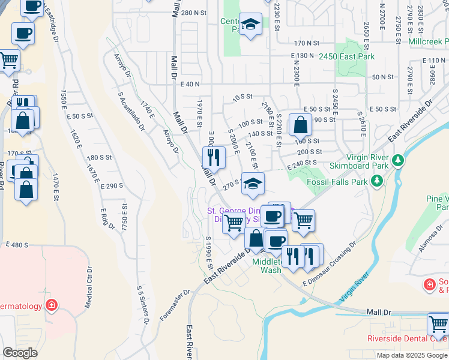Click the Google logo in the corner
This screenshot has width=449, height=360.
pyautogui.click(x=20, y=353)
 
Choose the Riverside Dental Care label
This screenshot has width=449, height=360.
pyautogui.click(x=408, y=338)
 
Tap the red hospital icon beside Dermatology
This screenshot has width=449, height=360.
pyautogui.click(x=52, y=306)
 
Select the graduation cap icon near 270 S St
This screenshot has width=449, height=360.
pyautogui.click(x=253, y=184)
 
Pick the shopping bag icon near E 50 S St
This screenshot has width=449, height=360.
pyautogui.click(x=300, y=125)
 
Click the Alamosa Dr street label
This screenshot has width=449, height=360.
pyautogui.click(x=431, y=239)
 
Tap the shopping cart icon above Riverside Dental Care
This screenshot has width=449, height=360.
pyautogui.click(x=438, y=325)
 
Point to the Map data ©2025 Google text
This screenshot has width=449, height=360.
pyautogui.click(x=412, y=355)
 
